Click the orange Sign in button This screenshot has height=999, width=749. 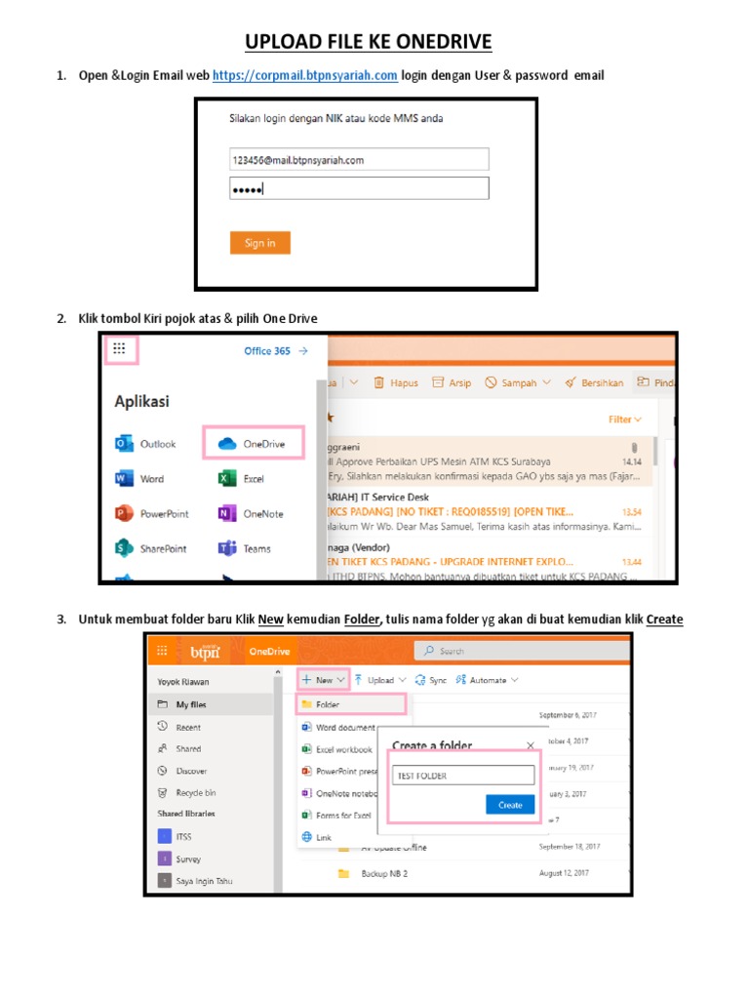point(259,243)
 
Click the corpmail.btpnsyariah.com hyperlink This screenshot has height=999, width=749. point(304,76)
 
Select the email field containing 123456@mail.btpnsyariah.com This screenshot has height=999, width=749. point(358,159)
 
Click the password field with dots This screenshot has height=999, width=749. point(358,189)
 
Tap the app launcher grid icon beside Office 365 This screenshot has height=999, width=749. point(120,349)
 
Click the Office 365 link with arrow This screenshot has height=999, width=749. point(276,351)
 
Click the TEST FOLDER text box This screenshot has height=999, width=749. point(463,776)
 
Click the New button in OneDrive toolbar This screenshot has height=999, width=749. point(322,680)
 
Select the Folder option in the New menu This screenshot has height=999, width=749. point(350,703)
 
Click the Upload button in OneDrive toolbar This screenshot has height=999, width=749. point(379,680)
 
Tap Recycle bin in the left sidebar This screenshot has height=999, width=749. point(195,793)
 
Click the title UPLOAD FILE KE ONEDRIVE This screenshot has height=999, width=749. point(369,42)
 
